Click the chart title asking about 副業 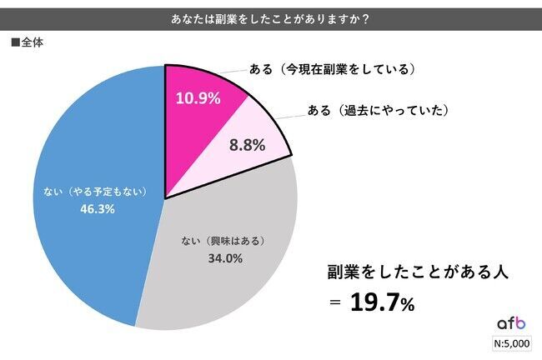[x=271, y=16]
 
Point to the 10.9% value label [x=198, y=98]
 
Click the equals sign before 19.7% [x=334, y=303]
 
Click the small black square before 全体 [x=15, y=42]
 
